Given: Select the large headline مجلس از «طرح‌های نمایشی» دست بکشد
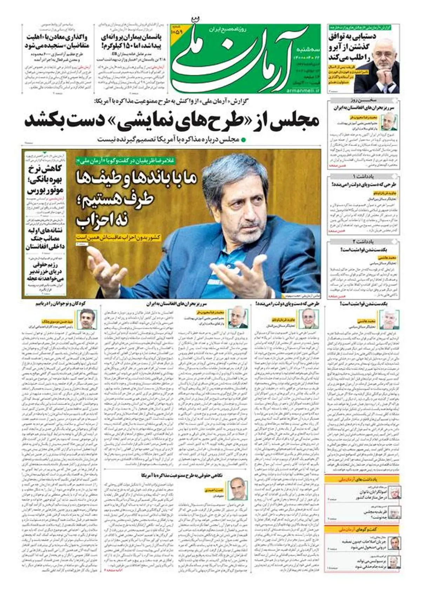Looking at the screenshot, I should (x=172, y=120).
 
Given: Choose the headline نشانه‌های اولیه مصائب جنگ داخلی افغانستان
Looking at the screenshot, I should (x=45, y=239).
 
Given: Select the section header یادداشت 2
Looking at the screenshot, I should (x=363, y=242).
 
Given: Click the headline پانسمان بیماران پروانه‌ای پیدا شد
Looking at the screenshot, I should (x=126, y=41).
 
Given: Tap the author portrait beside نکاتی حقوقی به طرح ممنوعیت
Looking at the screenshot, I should (x=238, y=489).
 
